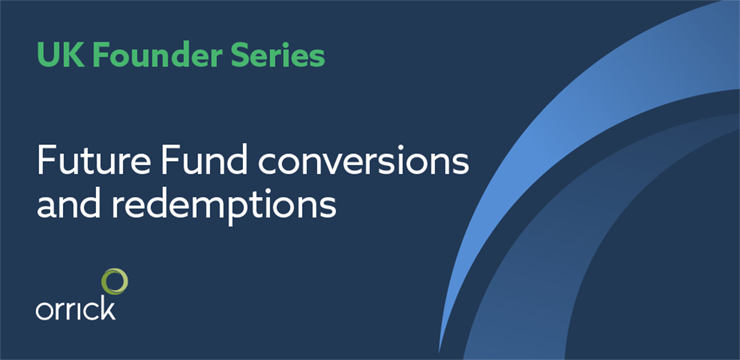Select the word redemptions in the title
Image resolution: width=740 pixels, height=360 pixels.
(x=225, y=206)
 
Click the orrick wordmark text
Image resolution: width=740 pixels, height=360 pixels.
(x=76, y=309)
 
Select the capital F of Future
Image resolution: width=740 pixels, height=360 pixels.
(x=46, y=161)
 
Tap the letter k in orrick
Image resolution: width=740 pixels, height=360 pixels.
(x=108, y=309)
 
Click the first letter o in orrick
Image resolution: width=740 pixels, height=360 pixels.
(x=43, y=312)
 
